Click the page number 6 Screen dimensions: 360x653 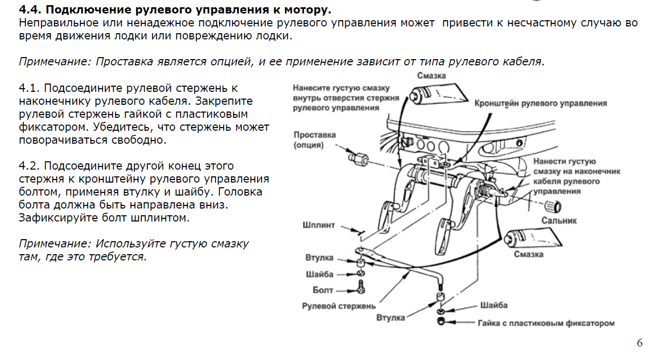click(x=640, y=343)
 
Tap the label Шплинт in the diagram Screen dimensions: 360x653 click(x=319, y=226)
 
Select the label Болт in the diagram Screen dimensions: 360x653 click(x=323, y=290)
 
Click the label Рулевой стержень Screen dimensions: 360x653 click(x=338, y=306)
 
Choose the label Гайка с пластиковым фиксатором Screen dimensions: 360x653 click(x=546, y=323)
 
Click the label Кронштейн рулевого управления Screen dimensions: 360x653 click(x=540, y=103)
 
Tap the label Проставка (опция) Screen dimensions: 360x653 click(x=315, y=140)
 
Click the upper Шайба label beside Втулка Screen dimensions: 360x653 click(x=320, y=274)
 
